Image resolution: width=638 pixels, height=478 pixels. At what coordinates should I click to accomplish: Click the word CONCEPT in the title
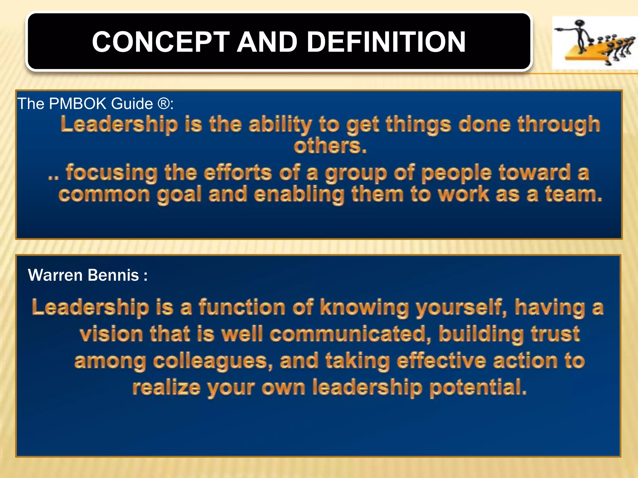(161, 42)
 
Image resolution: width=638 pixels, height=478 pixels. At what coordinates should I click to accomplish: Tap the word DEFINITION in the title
(386, 42)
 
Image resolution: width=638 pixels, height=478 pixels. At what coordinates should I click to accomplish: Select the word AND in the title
(267, 42)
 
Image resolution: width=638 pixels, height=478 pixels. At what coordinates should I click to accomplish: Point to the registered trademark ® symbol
(164, 103)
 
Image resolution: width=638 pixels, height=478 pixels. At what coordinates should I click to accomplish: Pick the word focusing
(112, 173)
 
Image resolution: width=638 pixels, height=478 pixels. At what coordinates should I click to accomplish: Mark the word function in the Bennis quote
(242, 307)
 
